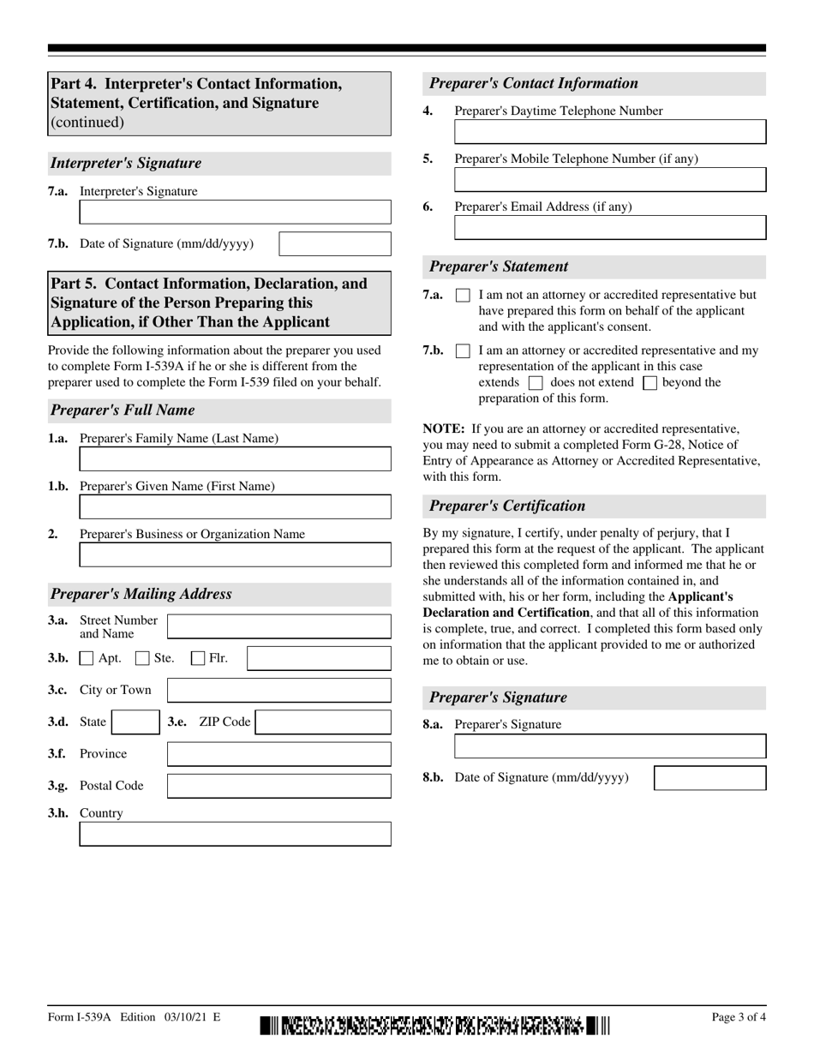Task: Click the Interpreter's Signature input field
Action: tap(235, 212)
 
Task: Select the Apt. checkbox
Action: tap(87, 659)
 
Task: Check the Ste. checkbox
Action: tap(143, 659)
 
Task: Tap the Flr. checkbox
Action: tap(198, 659)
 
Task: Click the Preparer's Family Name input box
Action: tap(235, 459)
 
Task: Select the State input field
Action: tap(135, 722)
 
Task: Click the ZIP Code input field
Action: tap(323, 722)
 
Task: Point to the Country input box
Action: tap(235, 834)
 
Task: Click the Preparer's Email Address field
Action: tap(609, 227)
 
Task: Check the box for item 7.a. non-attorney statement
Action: tap(463, 296)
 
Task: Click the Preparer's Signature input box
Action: tap(609, 746)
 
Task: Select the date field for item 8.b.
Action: tap(709, 778)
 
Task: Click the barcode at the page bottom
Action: tap(435, 1025)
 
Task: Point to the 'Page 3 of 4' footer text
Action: tap(739, 1017)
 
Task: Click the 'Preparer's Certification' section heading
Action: tap(507, 506)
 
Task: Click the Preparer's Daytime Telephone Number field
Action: tap(609, 132)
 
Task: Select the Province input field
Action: tap(278, 754)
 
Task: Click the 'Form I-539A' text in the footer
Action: tap(81, 1017)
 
